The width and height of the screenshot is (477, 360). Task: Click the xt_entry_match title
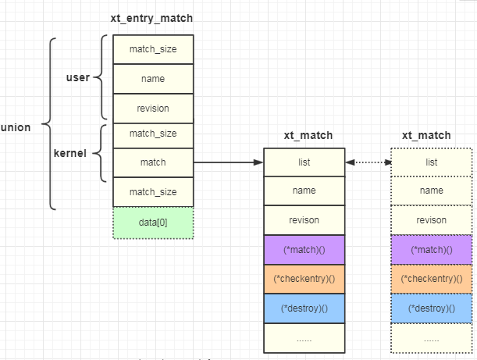(x=153, y=18)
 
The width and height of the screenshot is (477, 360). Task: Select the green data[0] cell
(x=153, y=223)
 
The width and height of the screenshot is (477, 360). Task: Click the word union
(x=16, y=127)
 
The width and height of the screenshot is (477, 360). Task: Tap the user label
(x=77, y=77)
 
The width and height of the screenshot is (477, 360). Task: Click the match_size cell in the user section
(x=153, y=48)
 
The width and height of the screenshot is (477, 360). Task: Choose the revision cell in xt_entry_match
(x=153, y=108)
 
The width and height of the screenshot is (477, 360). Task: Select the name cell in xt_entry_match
(x=153, y=78)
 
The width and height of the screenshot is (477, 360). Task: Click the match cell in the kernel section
(x=153, y=162)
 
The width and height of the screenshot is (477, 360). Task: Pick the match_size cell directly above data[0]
(x=153, y=192)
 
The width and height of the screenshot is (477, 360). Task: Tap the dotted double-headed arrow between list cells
(x=367, y=162)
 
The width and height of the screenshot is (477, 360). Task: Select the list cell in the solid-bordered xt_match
(x=304, y=162)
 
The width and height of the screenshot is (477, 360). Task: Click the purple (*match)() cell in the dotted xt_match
(x=431, y=250)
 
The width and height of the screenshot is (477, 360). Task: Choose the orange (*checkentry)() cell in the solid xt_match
(x=304, y=279)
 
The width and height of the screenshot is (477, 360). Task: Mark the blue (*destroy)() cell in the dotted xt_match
(x=431, y=308)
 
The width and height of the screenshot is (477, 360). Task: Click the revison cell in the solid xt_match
(x=304, y=220)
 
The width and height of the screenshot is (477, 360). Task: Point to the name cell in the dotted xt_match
(x=431, y=191)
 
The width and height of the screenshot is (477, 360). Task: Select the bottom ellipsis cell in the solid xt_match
(x=304, y=338)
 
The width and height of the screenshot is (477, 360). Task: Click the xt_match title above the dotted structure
(x=426, y=135)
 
